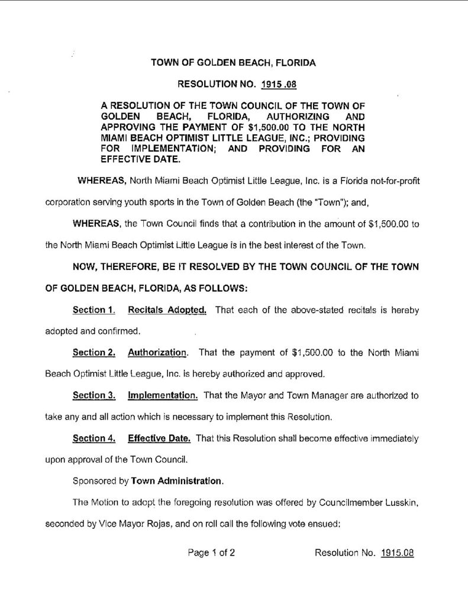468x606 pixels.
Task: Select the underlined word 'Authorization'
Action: point(157,353)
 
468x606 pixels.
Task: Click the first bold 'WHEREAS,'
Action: point(97,179)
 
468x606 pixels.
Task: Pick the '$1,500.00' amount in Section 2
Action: point(313,353)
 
